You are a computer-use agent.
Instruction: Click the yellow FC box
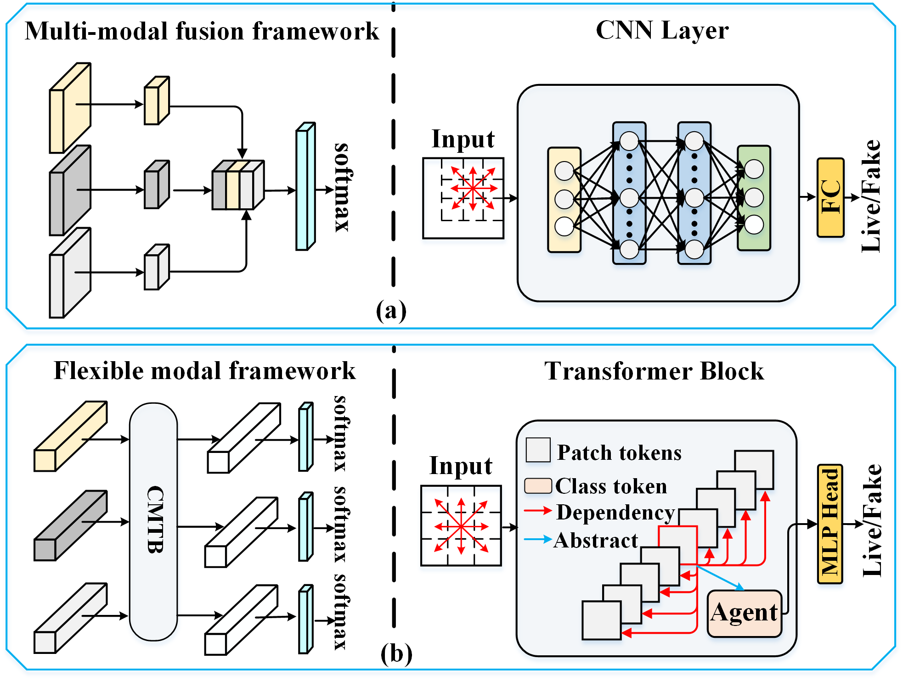(x=830, y=197)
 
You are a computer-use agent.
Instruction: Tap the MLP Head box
(x=830, y=524)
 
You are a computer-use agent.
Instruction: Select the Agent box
(x=744, y=613)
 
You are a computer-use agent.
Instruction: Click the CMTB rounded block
(x=153, y=521)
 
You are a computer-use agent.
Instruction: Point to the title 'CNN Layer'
(x=662, y=30)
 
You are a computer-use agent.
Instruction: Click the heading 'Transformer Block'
(x=654, y=371)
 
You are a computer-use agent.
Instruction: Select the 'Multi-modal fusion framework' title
(x=202, y=31)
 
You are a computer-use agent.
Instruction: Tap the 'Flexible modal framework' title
(x=204, y=370)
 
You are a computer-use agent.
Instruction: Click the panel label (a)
(x=391, y=311)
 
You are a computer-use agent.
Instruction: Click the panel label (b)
(x=396, y=653)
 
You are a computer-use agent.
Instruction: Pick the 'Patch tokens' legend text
(x=619, y=452)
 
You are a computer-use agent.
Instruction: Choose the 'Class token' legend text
(x=611, y=486)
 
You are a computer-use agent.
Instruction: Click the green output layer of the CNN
(x=754, y=198)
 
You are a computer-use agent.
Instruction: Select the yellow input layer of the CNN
(x=564, y=200)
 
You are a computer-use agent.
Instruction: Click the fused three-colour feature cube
(x=237, y=185)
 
